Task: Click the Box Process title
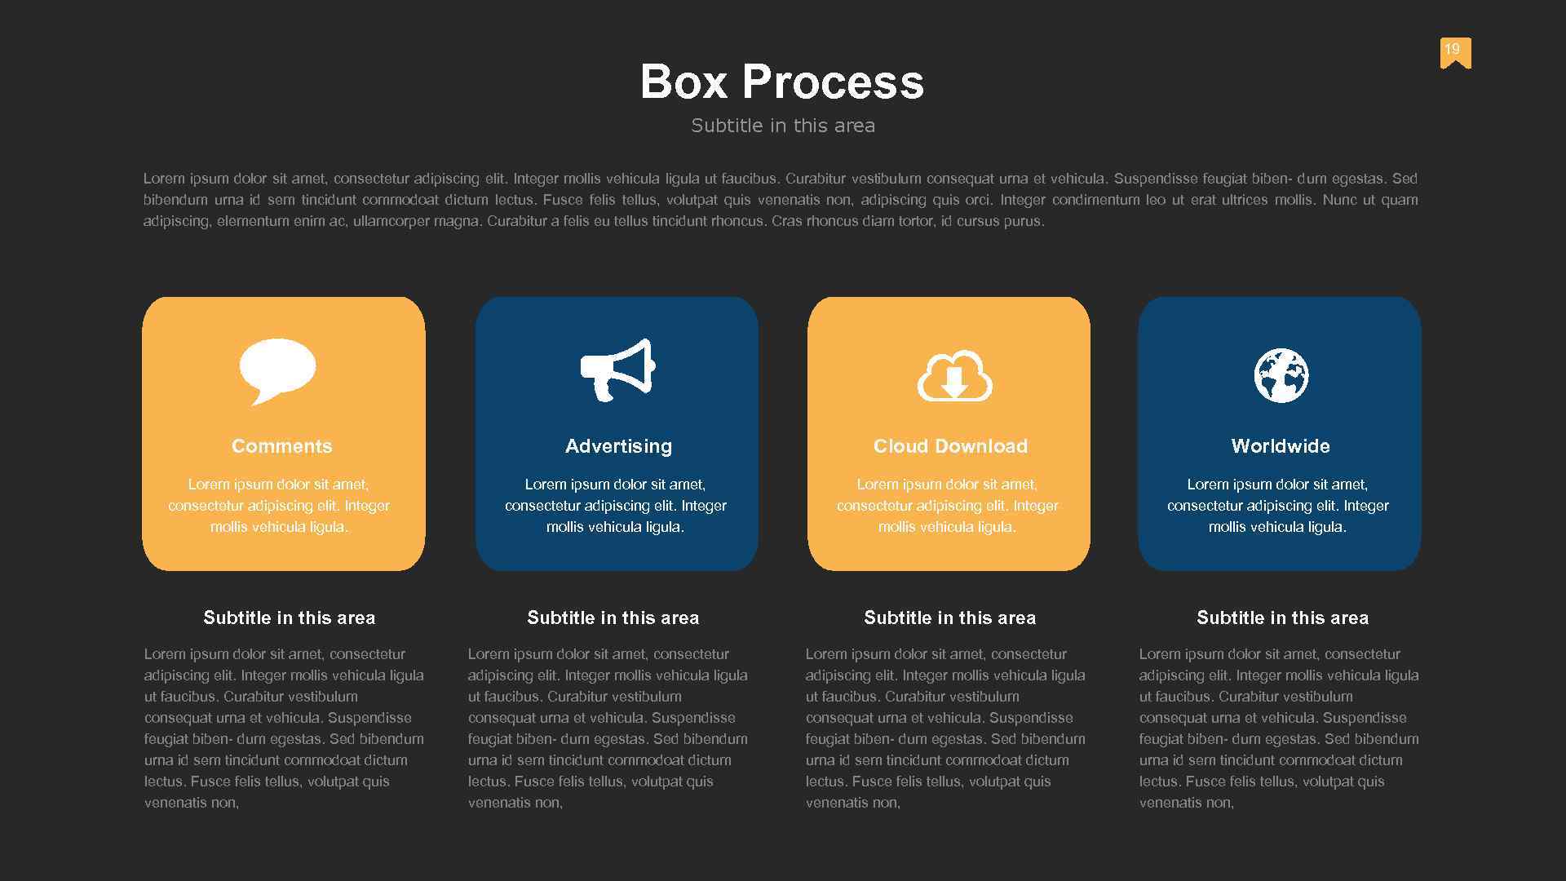[781, 82]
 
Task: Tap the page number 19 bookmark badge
[1455, 52]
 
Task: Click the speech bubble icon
[277, 370]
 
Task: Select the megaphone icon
[617, 370]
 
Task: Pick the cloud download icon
[954, 376]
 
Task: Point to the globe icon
[1281, 375]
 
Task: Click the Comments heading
[282, 446]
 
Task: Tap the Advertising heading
[618, 446]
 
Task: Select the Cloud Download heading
[950, 446]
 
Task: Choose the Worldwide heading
[1281, 446]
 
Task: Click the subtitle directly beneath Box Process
[783, 126]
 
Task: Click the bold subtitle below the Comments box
[289, 618]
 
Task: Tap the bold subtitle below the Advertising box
[613, 618]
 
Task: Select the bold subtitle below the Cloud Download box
[949, 618]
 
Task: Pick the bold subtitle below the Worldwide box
[1282, 618]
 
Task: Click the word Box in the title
[683, 82]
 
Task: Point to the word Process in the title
[833, 82]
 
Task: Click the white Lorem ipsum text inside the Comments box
[279, 506]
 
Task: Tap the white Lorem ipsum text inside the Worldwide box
[1277, 506]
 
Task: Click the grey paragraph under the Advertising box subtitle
[608, 728]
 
